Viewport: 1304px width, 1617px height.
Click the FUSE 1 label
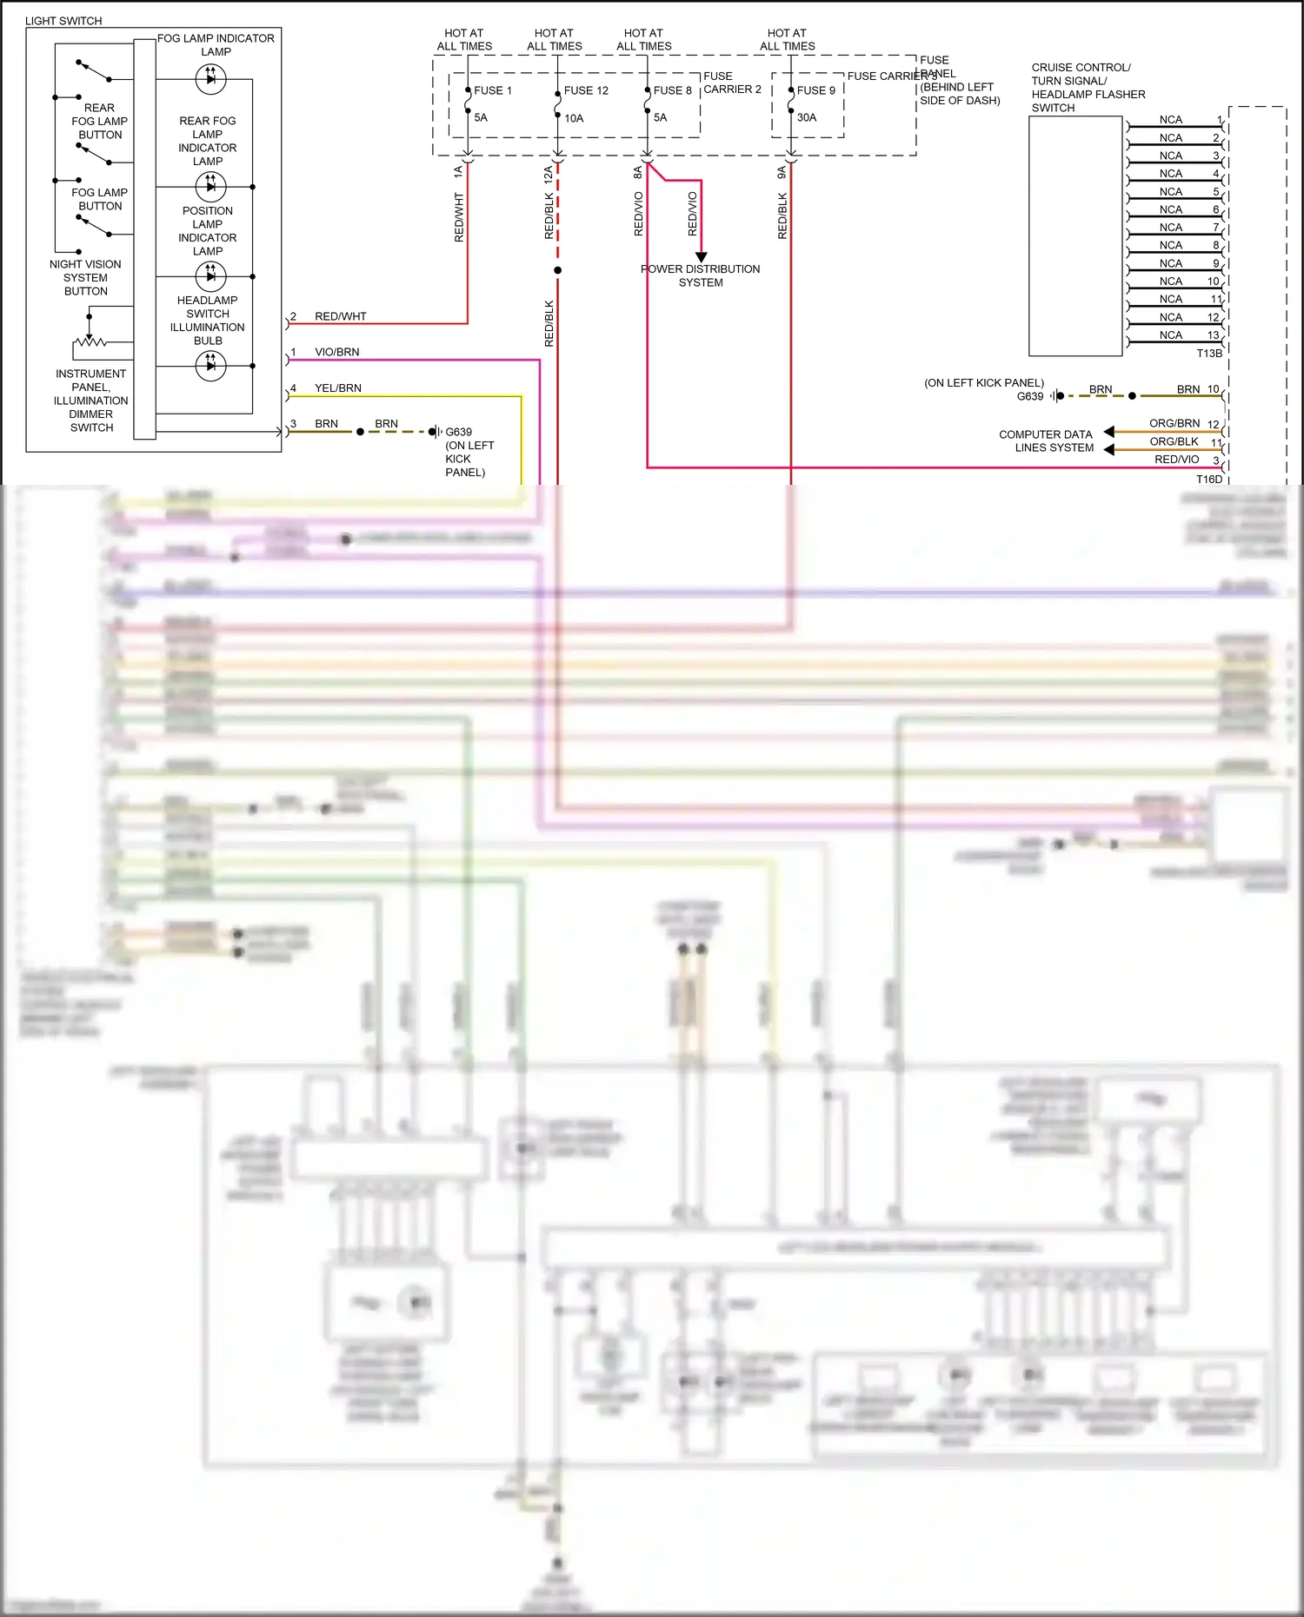[x=492, y=90]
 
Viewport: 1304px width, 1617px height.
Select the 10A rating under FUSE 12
[x=574, y=118]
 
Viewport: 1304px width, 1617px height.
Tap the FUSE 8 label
[x=672, y=90]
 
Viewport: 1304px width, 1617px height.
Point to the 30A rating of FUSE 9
[x=807, y=117]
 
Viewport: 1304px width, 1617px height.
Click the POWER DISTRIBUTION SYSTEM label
[x=701, y=275]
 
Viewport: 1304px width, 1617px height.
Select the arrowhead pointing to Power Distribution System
[x=702, y=257]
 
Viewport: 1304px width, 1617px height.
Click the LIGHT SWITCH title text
[x=63, y=21]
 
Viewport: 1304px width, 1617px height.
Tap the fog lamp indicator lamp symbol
[x=210, y=79]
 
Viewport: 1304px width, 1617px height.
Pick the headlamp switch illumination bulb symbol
[x=210, y=366]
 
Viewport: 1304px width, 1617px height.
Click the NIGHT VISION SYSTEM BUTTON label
[x=85, y=277]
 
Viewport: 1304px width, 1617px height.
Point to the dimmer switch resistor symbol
[x=90, y=341]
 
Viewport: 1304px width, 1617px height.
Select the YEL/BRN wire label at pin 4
[x=337, y=388]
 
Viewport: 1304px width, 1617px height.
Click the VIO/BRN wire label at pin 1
[x=336, y=352]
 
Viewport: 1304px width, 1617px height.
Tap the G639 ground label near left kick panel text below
[x=458, y=432]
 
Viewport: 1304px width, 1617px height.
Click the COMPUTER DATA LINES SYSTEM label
[x=1046, y=441]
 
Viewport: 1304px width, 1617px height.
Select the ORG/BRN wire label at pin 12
[x=1174, y=423]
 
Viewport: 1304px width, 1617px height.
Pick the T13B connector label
[x=1209, y=354]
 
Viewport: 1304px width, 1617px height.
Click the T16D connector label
[x=1209, y=479]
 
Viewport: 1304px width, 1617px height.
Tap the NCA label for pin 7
[x=1171, y=228]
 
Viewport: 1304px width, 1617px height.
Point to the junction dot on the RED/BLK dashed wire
[x=557, y=270]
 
